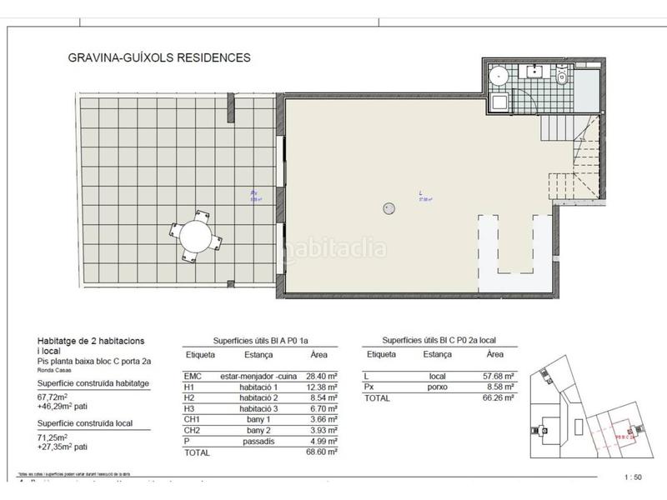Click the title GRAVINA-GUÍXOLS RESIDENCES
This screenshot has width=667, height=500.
click(158, 58)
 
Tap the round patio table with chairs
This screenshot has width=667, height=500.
click(197, 236)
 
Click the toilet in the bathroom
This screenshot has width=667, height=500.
click(562, 79)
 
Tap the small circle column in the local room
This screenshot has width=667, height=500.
click(388, 208)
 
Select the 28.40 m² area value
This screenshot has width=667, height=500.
click(320, 377)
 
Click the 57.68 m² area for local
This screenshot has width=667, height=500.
click(497, 377)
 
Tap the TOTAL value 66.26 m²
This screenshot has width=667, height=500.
click(497, 398)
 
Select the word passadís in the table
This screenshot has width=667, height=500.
click(238, 440)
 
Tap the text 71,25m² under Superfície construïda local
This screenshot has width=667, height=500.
click(56, 437)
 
